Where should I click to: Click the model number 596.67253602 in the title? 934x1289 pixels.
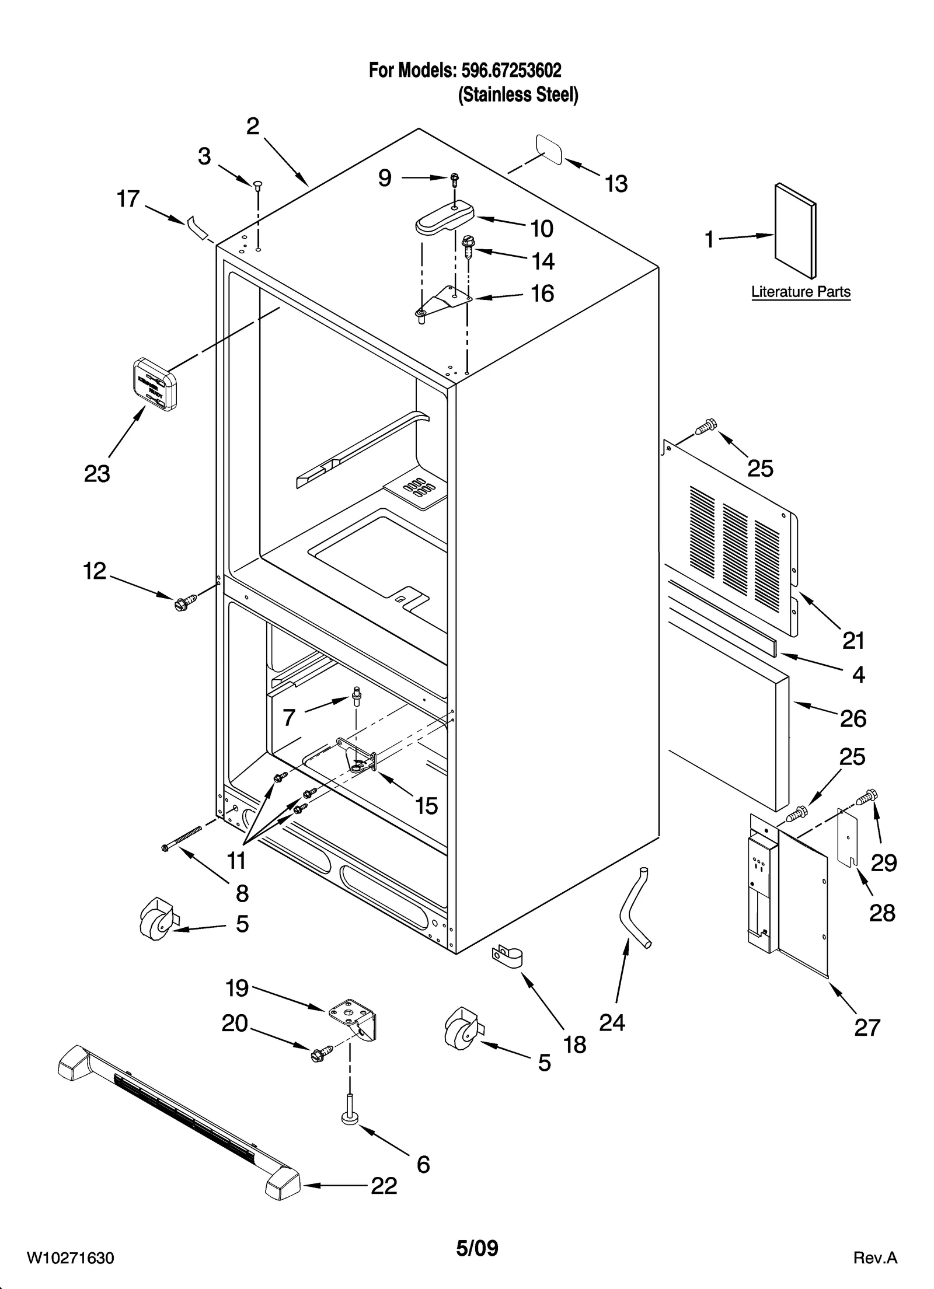(511, 71)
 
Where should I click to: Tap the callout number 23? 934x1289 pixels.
(97, 473)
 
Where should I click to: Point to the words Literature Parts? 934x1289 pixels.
(800, 292)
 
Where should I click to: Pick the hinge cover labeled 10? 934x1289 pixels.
(443, 216)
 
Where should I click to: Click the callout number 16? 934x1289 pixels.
(542, 294)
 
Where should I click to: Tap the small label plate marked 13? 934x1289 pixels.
(549, 150)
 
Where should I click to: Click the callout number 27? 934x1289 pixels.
(867, 1027)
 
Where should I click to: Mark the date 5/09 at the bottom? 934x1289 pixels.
(477, 1248)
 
